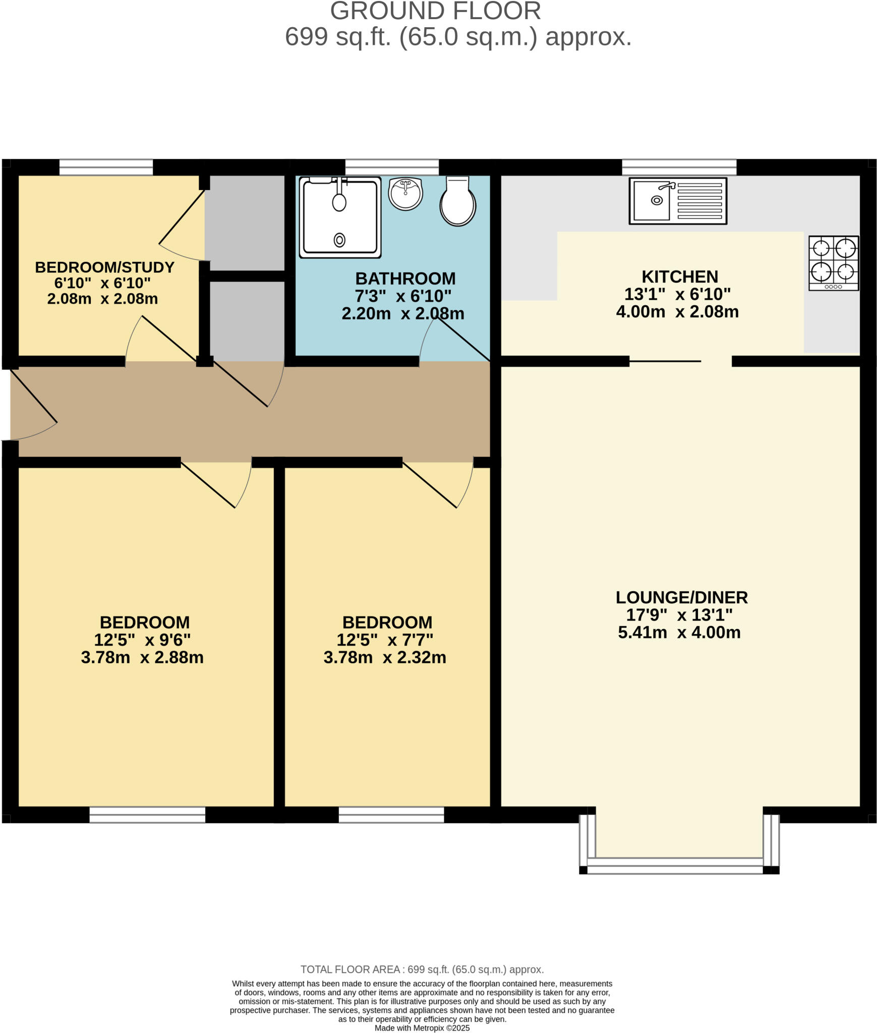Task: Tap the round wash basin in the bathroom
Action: [x=405, y=194]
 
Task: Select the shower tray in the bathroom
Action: [x=340, y=217]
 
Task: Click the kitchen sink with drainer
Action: [x=677, y=201]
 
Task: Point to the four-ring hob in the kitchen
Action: [x=833, y=263]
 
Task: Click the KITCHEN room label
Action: [x=679, y=276]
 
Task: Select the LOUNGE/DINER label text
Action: [x=681, y=597]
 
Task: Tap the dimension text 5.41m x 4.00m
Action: [x=679, y=633]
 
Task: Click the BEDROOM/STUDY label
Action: [x=104, y=267]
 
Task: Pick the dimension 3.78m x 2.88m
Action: [x=142, y=658]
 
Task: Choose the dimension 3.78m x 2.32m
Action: [x=385, y=658]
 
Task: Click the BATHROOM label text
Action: [x=405, y=278]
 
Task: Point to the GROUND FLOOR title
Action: [x=435, y=11]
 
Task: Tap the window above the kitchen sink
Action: [x=679, y=167]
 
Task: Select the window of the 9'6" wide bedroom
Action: [x=147, y=815]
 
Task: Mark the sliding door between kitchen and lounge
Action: [x=665, y=361]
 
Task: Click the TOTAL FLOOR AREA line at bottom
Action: [x=422, y=969]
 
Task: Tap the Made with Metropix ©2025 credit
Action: [x=422, y=1028]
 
